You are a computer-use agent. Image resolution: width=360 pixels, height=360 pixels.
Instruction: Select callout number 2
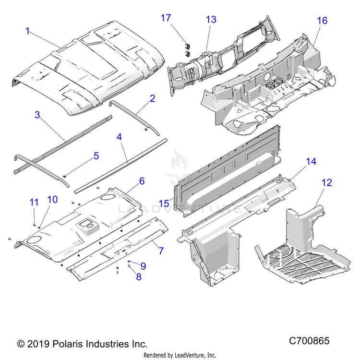[152, 99]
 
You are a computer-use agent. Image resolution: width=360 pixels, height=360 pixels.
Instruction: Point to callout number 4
[120, 137]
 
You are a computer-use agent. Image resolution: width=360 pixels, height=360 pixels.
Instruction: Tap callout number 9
[143, 265]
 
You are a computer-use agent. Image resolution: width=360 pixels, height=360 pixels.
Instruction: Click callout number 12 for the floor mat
[326, 183]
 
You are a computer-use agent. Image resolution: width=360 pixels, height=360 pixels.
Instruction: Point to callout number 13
[211, 20]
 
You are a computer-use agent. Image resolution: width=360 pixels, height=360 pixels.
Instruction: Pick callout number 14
[311, 162]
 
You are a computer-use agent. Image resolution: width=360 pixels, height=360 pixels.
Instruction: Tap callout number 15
[164, 203]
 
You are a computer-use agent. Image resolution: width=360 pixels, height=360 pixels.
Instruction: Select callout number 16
[322, 21]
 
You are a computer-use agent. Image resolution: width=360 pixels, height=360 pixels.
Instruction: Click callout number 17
[166, 18]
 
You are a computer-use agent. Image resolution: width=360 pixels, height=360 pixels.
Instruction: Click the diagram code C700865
[309, 341]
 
